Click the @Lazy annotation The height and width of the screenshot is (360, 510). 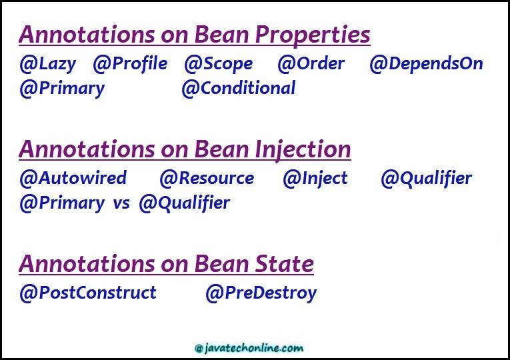(48, 64)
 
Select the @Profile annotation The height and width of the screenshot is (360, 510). (130, 64)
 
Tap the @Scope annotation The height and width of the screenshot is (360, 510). (219, 64)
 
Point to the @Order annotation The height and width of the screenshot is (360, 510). (311, 63)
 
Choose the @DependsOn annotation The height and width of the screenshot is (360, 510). (426, 64)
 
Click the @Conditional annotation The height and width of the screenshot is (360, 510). (239, 88)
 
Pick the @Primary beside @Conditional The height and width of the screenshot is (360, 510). (62, 89)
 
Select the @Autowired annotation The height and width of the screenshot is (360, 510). (73, 178)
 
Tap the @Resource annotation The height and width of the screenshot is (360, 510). (207, 178)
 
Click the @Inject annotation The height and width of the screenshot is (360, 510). (315, 179)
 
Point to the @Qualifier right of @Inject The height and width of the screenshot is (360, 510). (426, 179)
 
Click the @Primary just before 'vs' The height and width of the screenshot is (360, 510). (62, 203)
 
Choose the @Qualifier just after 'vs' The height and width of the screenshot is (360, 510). (185, 203)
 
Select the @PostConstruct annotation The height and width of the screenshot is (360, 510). (88, 293)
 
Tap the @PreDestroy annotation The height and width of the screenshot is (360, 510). (261, 293)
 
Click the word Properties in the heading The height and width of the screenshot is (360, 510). (313, 35)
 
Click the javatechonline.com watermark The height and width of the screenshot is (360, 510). (249, 348)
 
